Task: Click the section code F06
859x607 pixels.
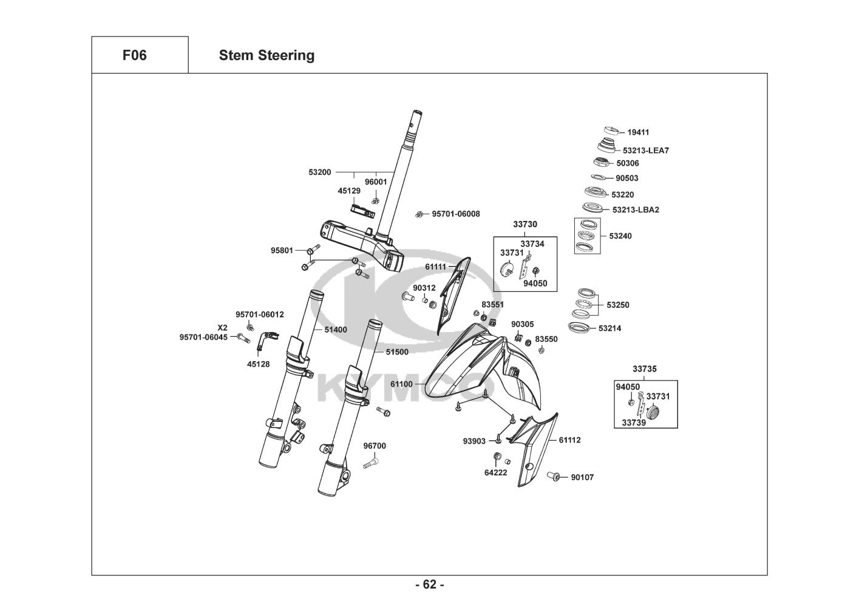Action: [x=134, y=55]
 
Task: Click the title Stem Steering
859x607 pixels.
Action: [x=267, y=55]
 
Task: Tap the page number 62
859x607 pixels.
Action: [x=429, y=585]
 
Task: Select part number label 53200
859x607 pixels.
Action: [x=320, y=172]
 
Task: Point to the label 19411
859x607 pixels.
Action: [x=638, y=132]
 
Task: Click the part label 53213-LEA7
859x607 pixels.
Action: [x=646, y=151]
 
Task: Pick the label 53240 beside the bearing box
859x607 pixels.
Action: [x=620, y=236]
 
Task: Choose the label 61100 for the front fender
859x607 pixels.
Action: [x=401, y=384]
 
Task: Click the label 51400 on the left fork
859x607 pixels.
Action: [x=336, y=330]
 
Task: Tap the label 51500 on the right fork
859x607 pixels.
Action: [x=397, y=351]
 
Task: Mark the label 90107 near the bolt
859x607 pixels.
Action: [x=582, y=477]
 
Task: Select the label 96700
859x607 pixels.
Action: [x=375, y=446]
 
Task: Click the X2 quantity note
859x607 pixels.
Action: [x=223, y=327]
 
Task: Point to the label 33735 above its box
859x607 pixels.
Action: [x=644, y=368]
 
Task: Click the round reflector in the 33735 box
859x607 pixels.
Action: [x=653, y=412]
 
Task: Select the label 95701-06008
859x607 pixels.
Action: [x=456, y=214]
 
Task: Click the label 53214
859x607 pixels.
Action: [x=609, y=328]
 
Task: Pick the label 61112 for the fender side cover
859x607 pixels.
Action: [x=569, y=440]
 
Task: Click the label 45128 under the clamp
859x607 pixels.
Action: [x=258, y=364]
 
